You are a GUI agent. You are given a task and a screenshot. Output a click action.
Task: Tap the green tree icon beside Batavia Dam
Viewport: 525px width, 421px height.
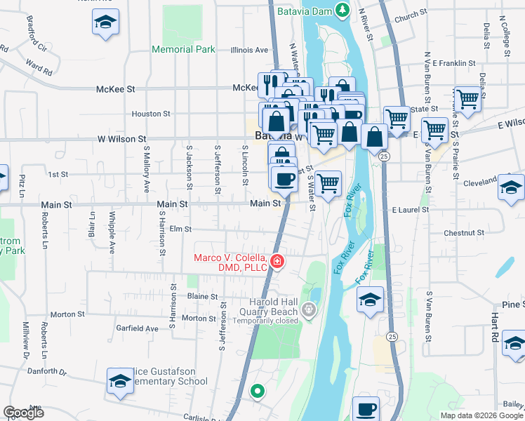[x=342, y=10]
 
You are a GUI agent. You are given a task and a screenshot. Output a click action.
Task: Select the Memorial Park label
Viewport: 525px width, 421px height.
[x=183, y=50]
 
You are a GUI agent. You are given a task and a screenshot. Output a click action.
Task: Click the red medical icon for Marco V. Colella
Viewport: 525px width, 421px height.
[x=278, y=262]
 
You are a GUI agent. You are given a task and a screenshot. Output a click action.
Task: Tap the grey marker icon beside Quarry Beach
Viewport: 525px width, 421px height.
[x=308, y=308]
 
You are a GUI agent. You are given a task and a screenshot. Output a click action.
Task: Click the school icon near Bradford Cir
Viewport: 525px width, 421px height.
[x=105, y=22]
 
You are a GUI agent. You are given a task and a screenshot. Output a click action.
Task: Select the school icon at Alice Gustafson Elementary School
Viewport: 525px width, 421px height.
[x=120, y=381]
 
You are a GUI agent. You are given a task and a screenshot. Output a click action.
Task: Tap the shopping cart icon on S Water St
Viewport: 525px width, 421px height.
[x=328, y=184]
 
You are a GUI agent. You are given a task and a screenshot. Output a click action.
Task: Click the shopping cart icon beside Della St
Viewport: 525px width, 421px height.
[x=467, y=99]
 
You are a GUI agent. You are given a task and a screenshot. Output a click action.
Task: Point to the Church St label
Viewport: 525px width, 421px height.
[x=411, y=13]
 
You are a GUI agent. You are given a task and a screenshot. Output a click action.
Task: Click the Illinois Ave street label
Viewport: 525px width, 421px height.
[x=250, y=50]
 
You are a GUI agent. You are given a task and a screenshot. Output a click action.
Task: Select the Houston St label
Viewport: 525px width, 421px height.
[x=151, y=113]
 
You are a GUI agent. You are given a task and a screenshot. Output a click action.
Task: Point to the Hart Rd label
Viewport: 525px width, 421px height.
[x=495, y=327]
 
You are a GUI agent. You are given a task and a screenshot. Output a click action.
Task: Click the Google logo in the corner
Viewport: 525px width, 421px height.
[x=23, y=413]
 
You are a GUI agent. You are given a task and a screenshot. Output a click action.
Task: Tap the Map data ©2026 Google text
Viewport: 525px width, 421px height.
[x=481, y=415]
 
